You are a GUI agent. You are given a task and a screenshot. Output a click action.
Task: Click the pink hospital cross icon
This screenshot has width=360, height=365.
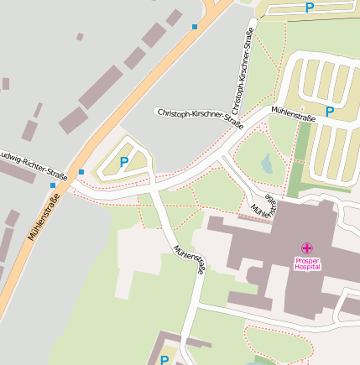coord(307,248)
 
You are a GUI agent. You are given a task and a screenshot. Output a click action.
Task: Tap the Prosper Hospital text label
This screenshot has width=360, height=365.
coord(307,263)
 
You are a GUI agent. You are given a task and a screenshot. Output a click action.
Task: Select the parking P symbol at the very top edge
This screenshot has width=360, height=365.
coord(309,8)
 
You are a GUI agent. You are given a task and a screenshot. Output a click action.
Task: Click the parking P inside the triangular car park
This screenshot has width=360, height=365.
coord(124,162)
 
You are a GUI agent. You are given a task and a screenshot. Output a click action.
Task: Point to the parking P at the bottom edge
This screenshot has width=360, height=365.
coord(164,360)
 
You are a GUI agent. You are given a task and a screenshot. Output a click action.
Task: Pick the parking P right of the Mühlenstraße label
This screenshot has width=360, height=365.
coord(330,112)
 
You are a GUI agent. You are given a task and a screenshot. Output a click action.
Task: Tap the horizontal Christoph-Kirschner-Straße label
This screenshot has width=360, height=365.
coord(199,117)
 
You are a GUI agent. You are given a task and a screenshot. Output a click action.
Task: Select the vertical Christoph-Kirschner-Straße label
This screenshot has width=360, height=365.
coord(242,71)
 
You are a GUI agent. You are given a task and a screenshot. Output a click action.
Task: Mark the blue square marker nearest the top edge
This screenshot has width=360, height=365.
coord(195,27)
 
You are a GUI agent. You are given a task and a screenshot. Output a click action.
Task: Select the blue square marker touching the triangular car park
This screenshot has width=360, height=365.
coord(81,172)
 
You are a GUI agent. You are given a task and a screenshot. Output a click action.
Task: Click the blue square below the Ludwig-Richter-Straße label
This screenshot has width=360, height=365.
coord(52,185)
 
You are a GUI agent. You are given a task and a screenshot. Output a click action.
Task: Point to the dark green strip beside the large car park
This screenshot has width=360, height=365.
coord(299,159)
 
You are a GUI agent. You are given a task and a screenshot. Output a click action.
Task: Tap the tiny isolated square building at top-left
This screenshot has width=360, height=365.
coord(80,37)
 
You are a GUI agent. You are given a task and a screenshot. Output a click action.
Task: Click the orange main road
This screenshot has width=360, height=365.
coord(126,110)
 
